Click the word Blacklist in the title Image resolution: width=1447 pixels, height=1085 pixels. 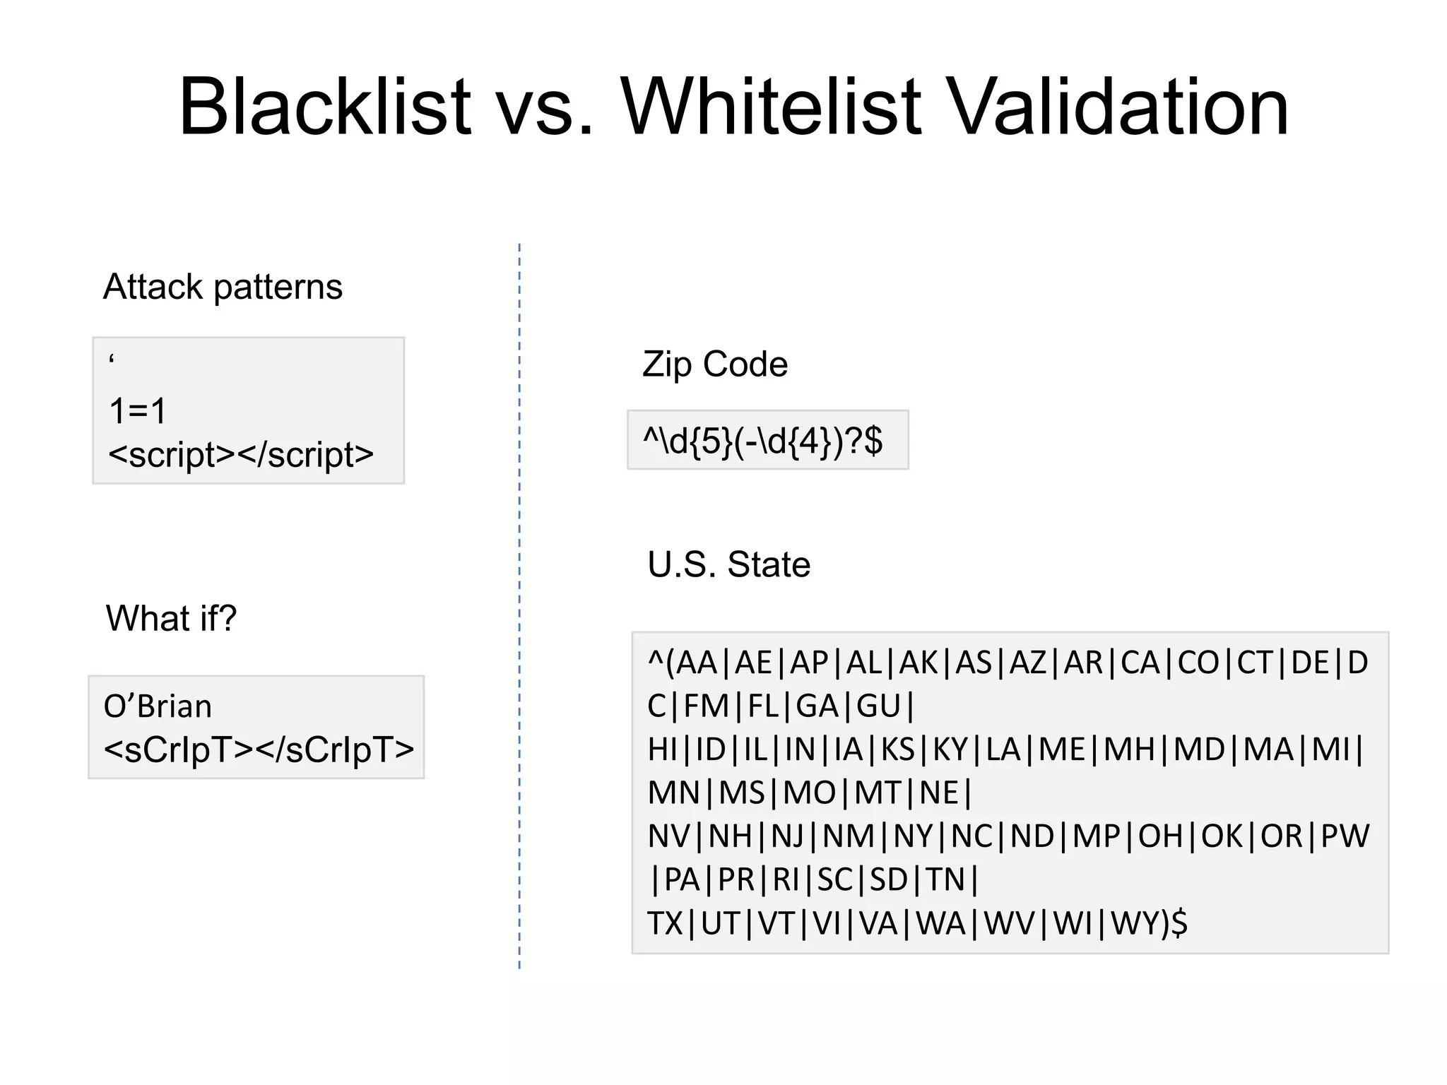[x=324, y=107]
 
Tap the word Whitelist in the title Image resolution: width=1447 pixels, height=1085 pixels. [x=772, y=107]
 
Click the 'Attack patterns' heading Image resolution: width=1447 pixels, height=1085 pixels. [x=223, y=287]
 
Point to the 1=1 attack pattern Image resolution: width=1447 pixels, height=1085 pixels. [x=138, y=410]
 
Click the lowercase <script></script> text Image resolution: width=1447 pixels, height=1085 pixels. [x=241, y=454]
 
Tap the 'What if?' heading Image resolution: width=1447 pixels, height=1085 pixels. [x=171, y=618]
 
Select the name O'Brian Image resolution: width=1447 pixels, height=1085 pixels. [x=158, y=706]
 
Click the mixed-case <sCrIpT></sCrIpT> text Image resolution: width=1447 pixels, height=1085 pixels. [x=259, y=749]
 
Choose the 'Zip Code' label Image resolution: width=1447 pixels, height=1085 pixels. [x=714, y=364]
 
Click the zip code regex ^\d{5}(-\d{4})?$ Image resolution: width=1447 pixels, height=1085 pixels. [x=762, y=441]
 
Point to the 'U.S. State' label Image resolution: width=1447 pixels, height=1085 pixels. [x=728, y=564]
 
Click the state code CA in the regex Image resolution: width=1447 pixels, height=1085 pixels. [x=1140, y=663]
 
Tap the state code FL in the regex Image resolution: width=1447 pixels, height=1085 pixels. [x=763, y=706]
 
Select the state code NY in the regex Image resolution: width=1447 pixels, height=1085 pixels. [x=914, y=836]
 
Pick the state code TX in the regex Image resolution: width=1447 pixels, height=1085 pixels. [x=663, y=923]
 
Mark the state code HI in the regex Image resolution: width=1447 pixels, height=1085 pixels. [x=662, y=749]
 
